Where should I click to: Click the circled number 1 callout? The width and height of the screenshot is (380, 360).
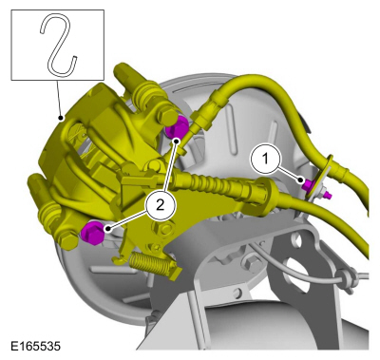click(265, 159)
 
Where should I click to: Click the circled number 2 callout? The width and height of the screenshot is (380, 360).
click(161, 205)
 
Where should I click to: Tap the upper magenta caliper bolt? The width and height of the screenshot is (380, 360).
click(177, 126)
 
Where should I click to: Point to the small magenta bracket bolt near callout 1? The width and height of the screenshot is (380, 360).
click(308, 185)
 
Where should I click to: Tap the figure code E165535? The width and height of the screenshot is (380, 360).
click(35, 346)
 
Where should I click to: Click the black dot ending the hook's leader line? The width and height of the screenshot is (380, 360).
click(60, 118)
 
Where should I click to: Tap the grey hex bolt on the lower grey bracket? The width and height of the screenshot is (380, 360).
click(249, 263)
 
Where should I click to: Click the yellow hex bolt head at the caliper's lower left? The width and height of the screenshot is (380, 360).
click(68, 241)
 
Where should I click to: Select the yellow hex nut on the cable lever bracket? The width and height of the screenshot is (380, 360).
click(165, 226)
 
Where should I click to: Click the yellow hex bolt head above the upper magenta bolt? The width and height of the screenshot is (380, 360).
click(167, 116)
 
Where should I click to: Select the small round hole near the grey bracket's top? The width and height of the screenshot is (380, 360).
click(297, 240)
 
